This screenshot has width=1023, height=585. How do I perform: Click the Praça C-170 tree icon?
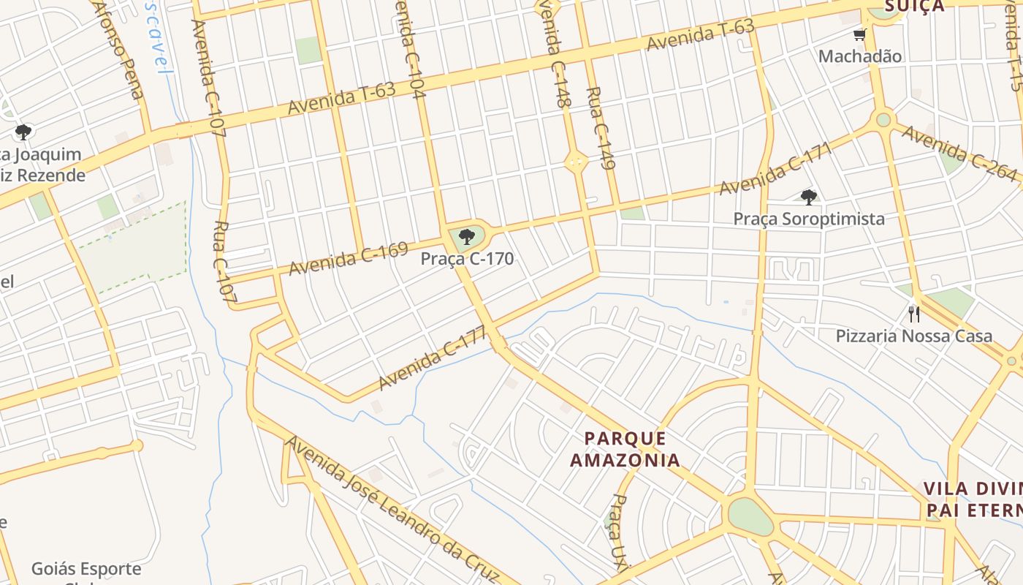(x=466, y=237)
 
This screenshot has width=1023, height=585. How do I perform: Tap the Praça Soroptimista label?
(x=809, y=219)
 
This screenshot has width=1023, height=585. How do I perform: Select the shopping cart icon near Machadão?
(x=859, y=35)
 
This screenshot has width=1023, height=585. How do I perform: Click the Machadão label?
(x=859, y=56)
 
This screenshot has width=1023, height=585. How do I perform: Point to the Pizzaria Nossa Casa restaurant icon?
(x=913, y=314)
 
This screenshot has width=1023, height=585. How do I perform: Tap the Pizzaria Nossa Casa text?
(x=913, y=336)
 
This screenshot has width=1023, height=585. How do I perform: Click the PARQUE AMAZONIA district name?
(x=625, y=449)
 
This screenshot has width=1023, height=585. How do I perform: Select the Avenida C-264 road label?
(x=959, y=154)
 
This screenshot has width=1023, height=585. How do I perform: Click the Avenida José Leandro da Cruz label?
(x=392, y=509)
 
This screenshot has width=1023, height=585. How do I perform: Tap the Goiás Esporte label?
(x=86, y=569)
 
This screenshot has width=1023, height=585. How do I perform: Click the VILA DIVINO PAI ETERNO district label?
(x=972, y=499)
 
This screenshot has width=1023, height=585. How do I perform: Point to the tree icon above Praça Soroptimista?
(x=808, y=197)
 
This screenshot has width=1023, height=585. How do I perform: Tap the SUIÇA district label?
(x=914, y=7)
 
